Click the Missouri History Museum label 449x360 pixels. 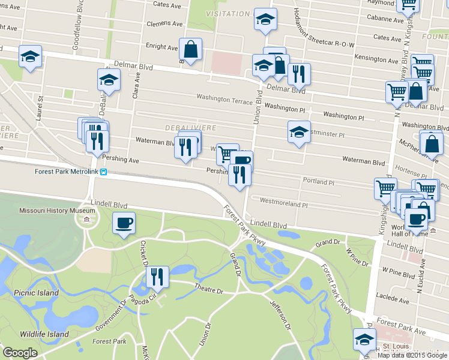pyautogui.click(x=57, y=211)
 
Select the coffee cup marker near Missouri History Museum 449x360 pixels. pyautogui.click(x=124, y=224)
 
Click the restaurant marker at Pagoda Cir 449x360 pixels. pyautogui.click(x=157, y=277)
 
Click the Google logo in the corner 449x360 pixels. pyautogui.click(x=20, y=353)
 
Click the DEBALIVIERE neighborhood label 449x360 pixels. pyautogui.click(x=191, y=128)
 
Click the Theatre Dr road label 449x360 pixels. pyautogui.click(x=208, y=290)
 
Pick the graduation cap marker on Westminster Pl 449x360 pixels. pyautogui.click(x=299, y=132)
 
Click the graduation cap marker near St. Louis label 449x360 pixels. pyautogui.click(x=364, y=340)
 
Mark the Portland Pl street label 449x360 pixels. pyautogui.click(x=318, y=181)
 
